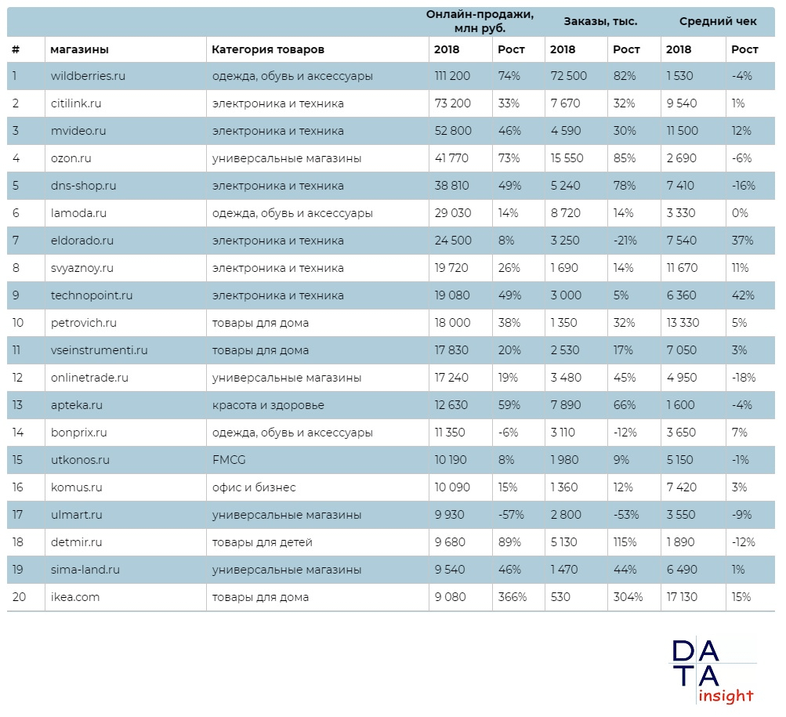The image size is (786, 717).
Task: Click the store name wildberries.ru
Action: click(x=88, y=76)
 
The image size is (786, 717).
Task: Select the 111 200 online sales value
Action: click(x=452, y=76)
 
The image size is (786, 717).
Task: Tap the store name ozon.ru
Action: click(x=71, y=158)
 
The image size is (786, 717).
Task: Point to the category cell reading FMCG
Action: click(x=228, y=460)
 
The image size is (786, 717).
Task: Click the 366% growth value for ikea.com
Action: click(x=513, y=597)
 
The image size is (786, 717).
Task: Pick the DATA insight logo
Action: click(x=712, y=671)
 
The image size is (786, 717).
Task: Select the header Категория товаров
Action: click(x=267, y=49)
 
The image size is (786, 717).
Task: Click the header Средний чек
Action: click(x=718, y=21)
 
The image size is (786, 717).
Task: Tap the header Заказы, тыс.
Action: click(x=600, y=21)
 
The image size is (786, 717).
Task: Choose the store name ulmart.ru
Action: click(x=77, y=515)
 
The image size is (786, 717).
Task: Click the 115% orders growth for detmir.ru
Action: click(x=626, y=542)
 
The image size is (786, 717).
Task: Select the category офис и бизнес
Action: click(x=254, y=487)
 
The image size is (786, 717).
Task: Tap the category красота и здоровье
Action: click(x=268, y=405)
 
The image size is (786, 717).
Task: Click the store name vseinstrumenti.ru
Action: click(x=99, y=350)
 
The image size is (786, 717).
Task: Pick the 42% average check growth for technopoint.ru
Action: click(x=743, y=295)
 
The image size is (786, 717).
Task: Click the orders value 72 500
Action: click(x=568, y=76)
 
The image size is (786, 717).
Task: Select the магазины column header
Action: click(x=79, y=49)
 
